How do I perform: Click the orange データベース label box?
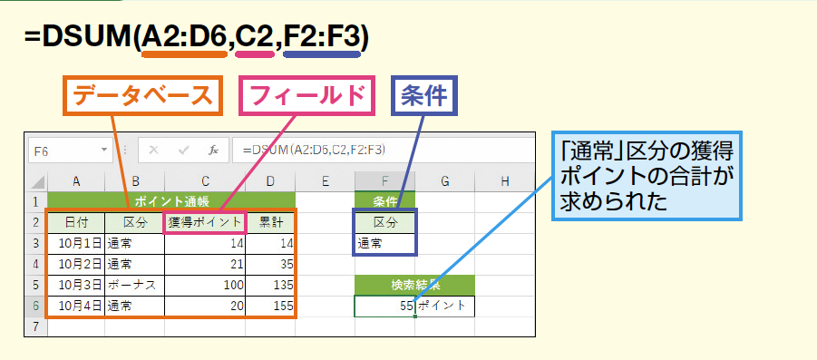pyautogui.click(x=143, y=95)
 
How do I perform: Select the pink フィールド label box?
pyautogui.click(x=306, y=95)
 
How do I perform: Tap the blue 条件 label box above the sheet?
pyautogui.click(x=424, y=95)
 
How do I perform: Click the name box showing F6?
pyautogui.click(x=71, y=151)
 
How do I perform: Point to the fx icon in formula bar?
pyautogui.click(x=214, y=151)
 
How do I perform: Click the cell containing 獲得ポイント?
pyautogui.click(x=205, y=223)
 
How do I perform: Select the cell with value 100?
pyautogui.click(x=205, y=286)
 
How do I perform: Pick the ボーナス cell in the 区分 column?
pyautogui.click(x=135, y=286)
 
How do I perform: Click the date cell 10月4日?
pyautogui.click(x=76, y=306)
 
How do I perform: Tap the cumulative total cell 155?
pyautogui.click(x=270, y=306)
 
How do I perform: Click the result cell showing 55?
pyautogui.click(x=385, y=306)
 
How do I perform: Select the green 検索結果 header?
pyautogui.click(x=414, y=285)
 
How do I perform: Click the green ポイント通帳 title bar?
pyautogui.click(x=171, y=201)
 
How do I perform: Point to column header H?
pyautogui.click(x=504, y=180)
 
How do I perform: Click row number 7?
pyautogui.click(x=36, y=326)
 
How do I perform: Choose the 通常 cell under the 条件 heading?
pyautogui.click(x=385, y=243)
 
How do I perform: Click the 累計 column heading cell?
pyautogui.click(x=270, y=223)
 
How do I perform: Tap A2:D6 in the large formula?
pyautogui.click(x=184, y=37)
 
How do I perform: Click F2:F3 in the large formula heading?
pyautogui.click(x=322, y=37)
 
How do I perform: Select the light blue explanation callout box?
pyautogui.click(x=647, y=176)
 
